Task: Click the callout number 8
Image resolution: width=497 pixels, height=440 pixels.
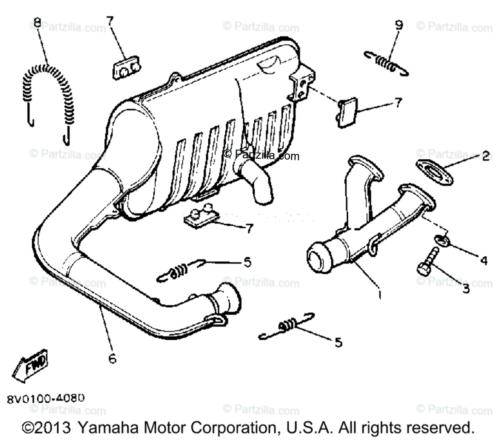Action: [37, 23]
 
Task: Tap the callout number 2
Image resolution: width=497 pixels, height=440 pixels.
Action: [485, 157]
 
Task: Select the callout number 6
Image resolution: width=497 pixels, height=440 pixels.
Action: [112, 358]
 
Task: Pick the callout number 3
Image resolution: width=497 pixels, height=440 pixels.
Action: [466, 289]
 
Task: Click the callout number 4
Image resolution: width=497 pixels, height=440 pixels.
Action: [483, 261]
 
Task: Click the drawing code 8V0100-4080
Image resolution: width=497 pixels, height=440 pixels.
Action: [46, 399]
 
